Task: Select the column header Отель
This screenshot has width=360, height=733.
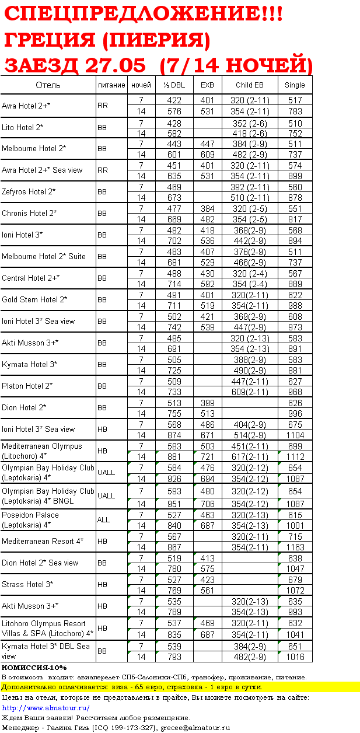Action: tap(48, 85)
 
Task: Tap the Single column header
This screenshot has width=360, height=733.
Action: tap(295, 85)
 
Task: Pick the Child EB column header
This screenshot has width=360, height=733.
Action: tap(250, 85)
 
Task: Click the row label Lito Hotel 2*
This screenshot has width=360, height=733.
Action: tap(23, 127)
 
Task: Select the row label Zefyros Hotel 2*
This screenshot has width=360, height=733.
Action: tap(29, 192)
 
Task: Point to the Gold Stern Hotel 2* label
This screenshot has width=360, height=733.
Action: tap(34, 300)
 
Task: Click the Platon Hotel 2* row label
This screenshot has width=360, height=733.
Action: tap(27, 386)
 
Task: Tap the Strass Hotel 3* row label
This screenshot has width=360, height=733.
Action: tap(27, 585)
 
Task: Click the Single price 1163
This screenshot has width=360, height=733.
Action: tap(295, 547)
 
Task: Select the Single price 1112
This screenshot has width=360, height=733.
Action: tap(295, 457)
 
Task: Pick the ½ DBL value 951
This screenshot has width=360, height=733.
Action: tap(174, 504)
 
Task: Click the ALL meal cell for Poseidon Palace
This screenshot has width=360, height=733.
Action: tap(103, 520)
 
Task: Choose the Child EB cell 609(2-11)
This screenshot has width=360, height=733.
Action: tap(250, 392)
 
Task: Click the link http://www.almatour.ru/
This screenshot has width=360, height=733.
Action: tap(46, 708)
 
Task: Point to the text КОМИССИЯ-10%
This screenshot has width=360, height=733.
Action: tap(34, 668)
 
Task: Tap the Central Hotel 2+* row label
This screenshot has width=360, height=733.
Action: tap(30, 278)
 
